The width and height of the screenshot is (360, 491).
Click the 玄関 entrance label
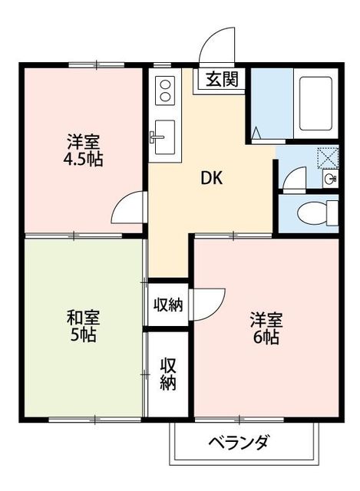tap(221, 78)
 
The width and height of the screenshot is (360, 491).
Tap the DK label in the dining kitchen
tap(212, 178)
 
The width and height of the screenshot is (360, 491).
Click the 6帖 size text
tap(266, 337)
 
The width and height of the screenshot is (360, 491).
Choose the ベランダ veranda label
tap(238, 443)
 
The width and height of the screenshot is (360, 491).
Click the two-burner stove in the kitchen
tap(165, 94)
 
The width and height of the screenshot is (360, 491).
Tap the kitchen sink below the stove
tap(163, 135)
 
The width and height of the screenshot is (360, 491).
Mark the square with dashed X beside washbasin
tap(328, 157)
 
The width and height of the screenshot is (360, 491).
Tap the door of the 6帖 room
tap(209, 302)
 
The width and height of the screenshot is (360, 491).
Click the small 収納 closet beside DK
tap(168, 304)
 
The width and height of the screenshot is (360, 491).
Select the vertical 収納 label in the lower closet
tap(168, 374)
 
